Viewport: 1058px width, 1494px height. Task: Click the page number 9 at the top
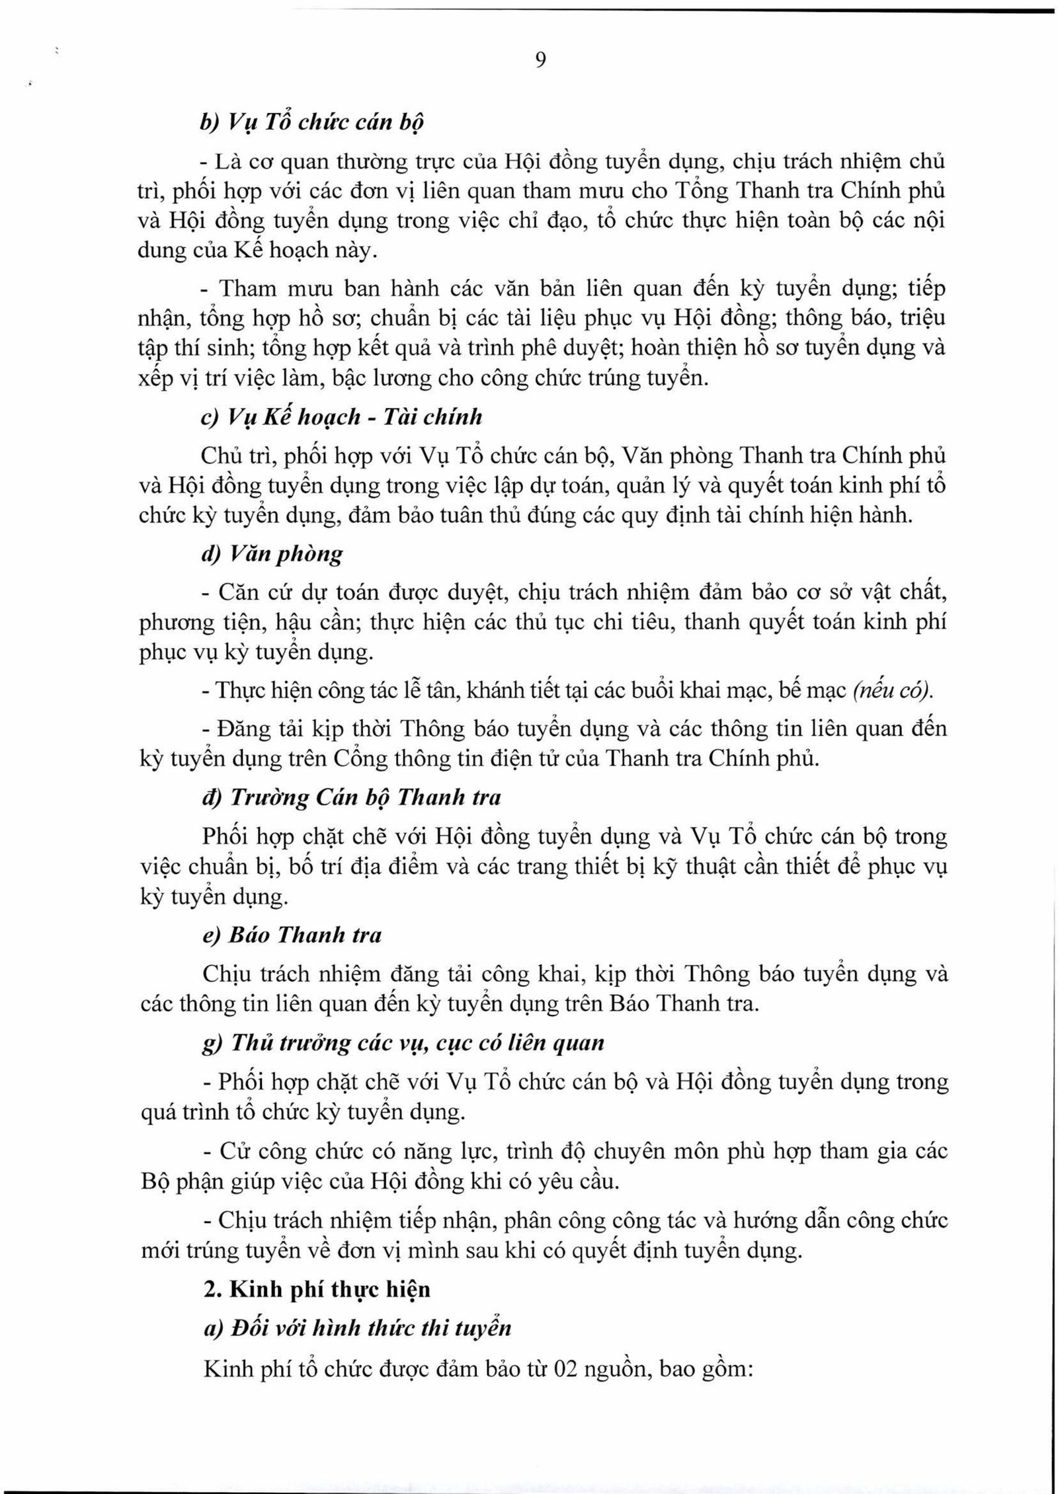pyautogui.click(x=540, y=60)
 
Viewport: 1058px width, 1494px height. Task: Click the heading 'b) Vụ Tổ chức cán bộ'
pyautogui.click(x=312, y=122)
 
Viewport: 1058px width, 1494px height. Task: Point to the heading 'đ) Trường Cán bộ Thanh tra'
pyautogui.click(x=351, y=797)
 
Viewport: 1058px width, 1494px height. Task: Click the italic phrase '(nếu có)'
pyautogui.click(x=893, y=691)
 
